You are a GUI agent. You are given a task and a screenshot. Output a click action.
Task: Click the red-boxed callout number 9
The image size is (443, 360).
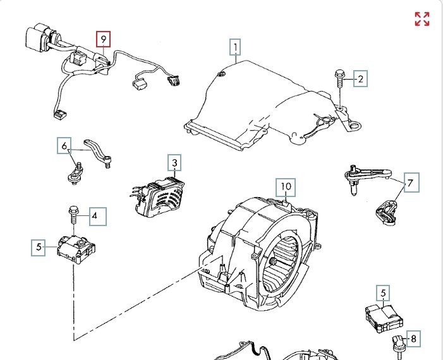pos(104,39)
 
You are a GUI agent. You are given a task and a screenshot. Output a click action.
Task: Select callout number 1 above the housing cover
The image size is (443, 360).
pos(235,47)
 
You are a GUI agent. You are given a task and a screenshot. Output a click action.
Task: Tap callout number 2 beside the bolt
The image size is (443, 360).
pos(360,79)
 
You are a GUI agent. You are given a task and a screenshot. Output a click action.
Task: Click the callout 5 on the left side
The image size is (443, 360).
pos(39,248)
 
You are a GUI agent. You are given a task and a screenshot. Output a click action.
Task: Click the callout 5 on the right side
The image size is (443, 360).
pos(384,293)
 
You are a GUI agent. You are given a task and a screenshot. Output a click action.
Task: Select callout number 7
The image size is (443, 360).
pos(410,184)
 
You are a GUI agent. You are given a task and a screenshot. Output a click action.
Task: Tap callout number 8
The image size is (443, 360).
pos(413,339)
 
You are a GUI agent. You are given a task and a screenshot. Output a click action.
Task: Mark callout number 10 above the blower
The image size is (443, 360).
pos(286,187)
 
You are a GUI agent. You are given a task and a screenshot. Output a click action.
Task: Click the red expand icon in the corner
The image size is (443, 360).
pos(422,19)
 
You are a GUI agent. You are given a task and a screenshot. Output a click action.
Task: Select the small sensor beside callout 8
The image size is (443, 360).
pos(398,342)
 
